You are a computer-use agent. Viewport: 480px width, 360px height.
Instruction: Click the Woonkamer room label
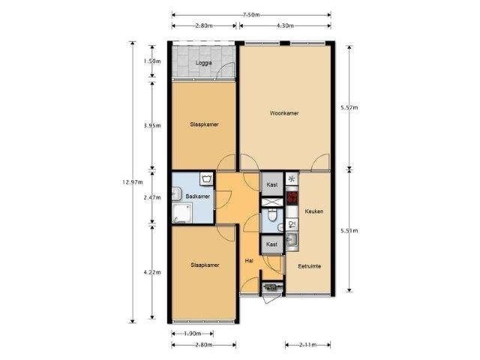284,113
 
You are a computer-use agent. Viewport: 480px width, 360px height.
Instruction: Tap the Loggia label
203,63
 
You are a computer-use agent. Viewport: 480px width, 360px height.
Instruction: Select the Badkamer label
198,196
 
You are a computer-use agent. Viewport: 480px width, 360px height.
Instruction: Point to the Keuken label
314,211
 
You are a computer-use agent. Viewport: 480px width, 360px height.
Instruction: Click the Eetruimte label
310,266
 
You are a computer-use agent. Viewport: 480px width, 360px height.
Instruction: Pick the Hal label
249,261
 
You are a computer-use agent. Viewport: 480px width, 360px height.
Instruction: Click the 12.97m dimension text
133,182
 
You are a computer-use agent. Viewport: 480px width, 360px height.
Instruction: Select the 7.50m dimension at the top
251,15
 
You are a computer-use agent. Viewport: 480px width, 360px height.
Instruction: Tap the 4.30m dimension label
285,25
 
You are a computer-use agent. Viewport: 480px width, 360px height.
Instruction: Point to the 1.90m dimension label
193,333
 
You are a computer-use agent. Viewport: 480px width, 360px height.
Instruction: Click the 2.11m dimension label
308,345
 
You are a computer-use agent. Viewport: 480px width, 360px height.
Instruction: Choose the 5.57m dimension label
349,107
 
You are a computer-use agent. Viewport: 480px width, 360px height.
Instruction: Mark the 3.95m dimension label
152,125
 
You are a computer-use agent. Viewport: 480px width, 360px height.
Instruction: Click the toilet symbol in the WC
271,215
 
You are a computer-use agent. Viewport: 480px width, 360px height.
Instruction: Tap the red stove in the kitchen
292,198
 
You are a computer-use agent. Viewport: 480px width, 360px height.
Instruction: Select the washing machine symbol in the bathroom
207,178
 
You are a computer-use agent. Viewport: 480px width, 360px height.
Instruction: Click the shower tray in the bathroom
181,213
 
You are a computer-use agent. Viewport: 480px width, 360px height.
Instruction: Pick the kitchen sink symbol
292,240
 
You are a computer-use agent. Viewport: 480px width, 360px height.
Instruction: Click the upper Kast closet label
271,185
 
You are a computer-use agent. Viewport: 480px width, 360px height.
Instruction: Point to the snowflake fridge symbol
292,179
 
